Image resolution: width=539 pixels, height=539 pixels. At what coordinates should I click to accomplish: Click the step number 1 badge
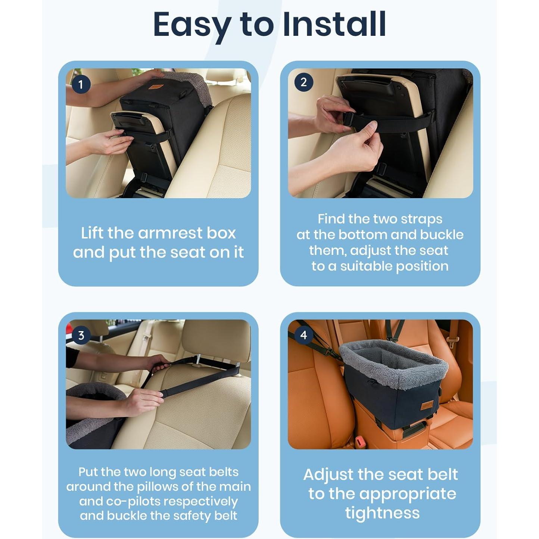pyautogui.click(x=81, y=84)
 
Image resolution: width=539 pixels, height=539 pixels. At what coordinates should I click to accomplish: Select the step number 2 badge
pyautogui.click(x=303, y=82)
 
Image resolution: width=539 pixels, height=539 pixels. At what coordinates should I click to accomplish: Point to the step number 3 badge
pyautogui.click(x=81, y=335)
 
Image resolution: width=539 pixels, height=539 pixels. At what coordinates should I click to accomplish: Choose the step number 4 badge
pyautogui.click(x=303, y=335)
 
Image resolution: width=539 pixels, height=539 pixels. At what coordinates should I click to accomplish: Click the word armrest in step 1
pyautogui.click(x=170, y=233)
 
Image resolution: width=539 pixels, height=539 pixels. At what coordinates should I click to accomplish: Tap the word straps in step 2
pyautogui.click(x=421, y=219)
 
